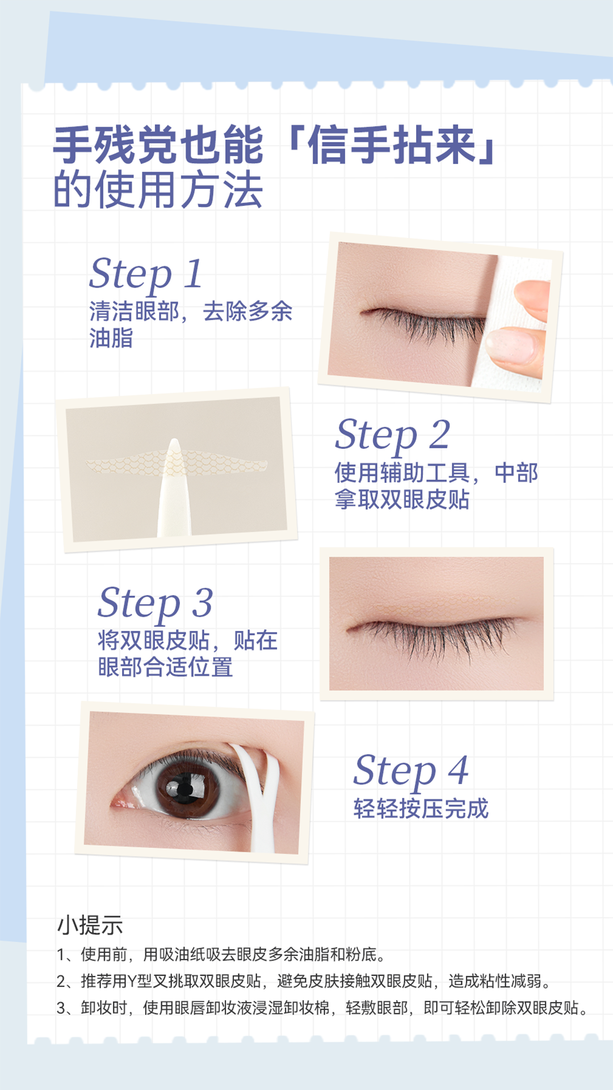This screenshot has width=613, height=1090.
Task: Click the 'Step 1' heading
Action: click(145, 274)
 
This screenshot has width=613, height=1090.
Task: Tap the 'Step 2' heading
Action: click(393, 435)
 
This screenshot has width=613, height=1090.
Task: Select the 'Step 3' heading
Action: click(156, 603)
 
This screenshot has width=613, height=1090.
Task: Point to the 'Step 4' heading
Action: click(411, 771)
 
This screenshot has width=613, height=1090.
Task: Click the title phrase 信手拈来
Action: click(392, 145)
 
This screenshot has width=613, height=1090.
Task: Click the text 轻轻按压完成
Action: click(421, 809)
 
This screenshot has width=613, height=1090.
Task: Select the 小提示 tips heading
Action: click(90, 925)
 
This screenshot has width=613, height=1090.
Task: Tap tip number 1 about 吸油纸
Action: click(222, 954)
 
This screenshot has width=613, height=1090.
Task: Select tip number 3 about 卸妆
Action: click(322, 1008)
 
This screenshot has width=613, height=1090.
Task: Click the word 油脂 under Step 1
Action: click(111, 338)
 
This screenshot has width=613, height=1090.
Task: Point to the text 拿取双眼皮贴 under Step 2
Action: click(402, 500)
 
